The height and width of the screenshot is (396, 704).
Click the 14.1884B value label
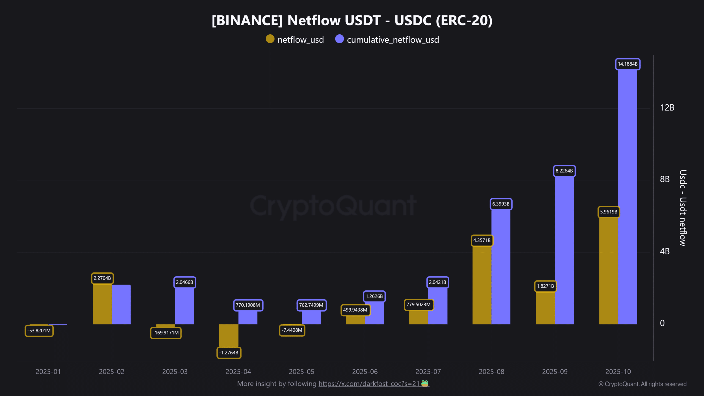click(x=628, y=64)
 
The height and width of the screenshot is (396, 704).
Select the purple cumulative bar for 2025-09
click(x=564, y=250)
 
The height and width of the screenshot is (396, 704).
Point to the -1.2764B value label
click(x=229, y=353)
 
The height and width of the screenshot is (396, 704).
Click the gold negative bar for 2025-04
click(x=229, y=335)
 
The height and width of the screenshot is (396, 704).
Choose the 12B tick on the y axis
click(x=667, y=108)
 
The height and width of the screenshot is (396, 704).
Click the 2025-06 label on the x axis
click(x=365, y=372)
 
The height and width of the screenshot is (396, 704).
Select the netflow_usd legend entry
click(x=295, y=40)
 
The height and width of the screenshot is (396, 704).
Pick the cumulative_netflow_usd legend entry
click(x=387, y=40)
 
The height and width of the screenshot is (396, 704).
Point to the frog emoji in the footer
click(x=425, y=383)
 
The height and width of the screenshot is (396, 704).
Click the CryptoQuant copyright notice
click(x=642, y=384)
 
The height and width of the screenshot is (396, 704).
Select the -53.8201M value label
click(x=39, y=331)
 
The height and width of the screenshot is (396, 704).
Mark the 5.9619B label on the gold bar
click(x=609, y=212)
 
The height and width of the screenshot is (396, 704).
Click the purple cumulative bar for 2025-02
click(x=121, y=304)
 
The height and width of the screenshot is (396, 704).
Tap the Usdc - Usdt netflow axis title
click(x=683, y=208)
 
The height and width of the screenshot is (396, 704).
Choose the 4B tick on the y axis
click(x=665, y=251)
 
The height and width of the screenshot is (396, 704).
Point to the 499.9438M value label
click(x=355, y=310)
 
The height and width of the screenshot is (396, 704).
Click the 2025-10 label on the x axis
click(x=618, y=372)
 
